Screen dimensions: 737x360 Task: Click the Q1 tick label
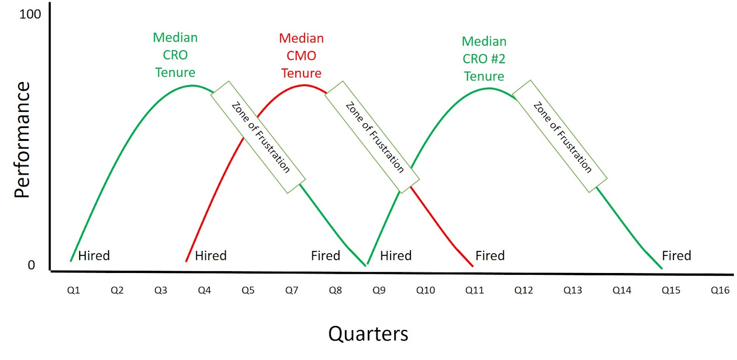tap(73, 290)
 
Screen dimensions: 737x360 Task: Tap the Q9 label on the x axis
tap(379, 290)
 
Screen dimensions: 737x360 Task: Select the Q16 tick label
tap(720, 290)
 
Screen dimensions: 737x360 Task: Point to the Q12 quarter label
tap(524, 290)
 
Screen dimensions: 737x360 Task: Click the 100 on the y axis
tap(30, 14)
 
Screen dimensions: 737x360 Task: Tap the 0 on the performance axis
tap(31, 265)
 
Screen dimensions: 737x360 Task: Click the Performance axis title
tap(22, 139)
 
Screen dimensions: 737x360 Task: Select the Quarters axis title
tap(368, 334)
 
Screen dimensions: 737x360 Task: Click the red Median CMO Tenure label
tap(301, 56)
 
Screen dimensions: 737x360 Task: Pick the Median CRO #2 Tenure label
tap(484, 59)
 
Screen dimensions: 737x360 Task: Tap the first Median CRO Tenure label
tap(175, 55)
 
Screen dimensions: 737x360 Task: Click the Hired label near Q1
tap(94, 255)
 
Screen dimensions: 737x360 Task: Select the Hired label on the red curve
tap(211, 255)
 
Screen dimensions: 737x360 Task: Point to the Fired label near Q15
tap(677, 255)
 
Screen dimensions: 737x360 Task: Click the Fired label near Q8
tap(325, 255)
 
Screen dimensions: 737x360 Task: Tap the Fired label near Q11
tap(490, 255)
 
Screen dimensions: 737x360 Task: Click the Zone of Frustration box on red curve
tap(372, 137)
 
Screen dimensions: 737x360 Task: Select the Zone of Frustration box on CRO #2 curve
tap(560, 136)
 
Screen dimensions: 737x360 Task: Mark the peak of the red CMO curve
tap(304, 86)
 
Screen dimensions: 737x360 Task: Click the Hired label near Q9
tap(396, 255)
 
